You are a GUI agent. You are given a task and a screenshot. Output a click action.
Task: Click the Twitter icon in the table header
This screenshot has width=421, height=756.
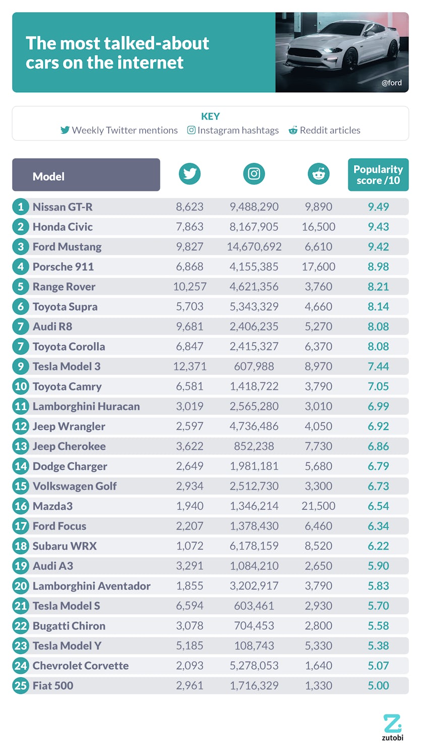click(190, 174)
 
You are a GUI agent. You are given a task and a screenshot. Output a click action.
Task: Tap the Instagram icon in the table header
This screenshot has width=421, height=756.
click(254, 174)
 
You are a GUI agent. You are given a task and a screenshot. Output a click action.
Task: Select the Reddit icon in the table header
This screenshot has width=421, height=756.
click(318, 174)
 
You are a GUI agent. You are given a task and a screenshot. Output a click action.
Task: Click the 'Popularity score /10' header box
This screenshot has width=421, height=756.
click(378, 175)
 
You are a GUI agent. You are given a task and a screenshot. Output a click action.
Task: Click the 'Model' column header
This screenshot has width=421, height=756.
click(86, 175)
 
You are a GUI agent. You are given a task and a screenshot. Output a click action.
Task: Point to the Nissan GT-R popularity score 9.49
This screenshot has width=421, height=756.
click(378, 207)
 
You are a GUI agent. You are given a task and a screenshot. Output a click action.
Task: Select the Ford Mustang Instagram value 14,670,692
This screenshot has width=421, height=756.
click(254, 247)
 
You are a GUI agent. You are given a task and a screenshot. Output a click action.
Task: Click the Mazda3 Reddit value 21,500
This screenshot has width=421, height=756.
click(318, 506)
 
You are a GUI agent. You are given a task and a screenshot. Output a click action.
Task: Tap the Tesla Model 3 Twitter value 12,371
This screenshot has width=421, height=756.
click(190, 366)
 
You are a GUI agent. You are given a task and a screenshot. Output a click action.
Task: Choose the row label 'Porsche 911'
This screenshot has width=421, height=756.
click(63, 267)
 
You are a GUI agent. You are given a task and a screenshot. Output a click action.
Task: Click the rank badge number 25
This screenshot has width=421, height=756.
click(21, 686)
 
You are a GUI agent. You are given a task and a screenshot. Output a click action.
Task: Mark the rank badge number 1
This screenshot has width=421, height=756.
click(21, 207)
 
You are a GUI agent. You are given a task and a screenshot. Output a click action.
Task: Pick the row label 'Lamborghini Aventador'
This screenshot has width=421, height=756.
click(91, 586)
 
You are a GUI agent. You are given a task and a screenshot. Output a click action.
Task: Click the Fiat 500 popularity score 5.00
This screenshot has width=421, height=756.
click(378, 686)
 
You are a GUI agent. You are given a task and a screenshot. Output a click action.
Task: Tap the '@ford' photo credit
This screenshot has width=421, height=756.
click(391, 83)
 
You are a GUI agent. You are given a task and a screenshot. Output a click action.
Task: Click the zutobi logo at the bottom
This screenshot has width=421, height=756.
click(392, 727)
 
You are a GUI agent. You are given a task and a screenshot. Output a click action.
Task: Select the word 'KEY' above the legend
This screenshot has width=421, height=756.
click(210, 117)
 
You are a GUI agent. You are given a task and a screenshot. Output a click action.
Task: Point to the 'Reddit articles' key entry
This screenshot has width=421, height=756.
click(325, 130)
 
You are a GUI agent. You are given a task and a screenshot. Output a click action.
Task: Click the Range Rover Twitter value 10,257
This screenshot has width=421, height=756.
click(190, 287)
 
